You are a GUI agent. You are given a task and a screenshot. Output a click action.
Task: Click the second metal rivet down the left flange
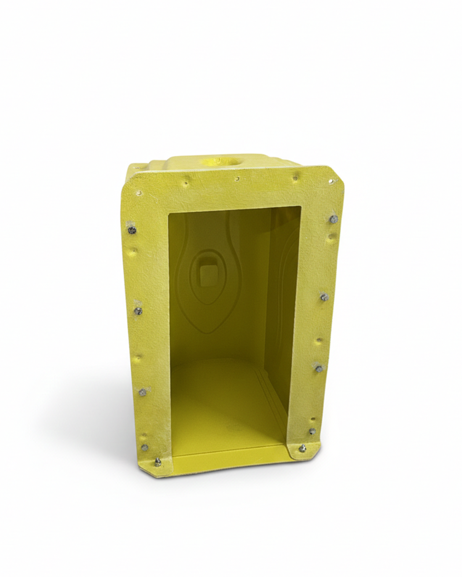click(x=138, y=311)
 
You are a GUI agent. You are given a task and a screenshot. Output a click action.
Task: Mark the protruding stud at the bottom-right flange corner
click(x=303, y=447)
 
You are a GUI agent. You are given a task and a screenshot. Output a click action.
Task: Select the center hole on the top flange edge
click(x=237, y=179)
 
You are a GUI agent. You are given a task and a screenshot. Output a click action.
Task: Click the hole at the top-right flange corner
click(x=331, y=180)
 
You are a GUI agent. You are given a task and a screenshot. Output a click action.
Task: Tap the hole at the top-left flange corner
click(x=140, y=192)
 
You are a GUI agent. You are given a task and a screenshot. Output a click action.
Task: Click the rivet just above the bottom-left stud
click(x=145, y=448)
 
